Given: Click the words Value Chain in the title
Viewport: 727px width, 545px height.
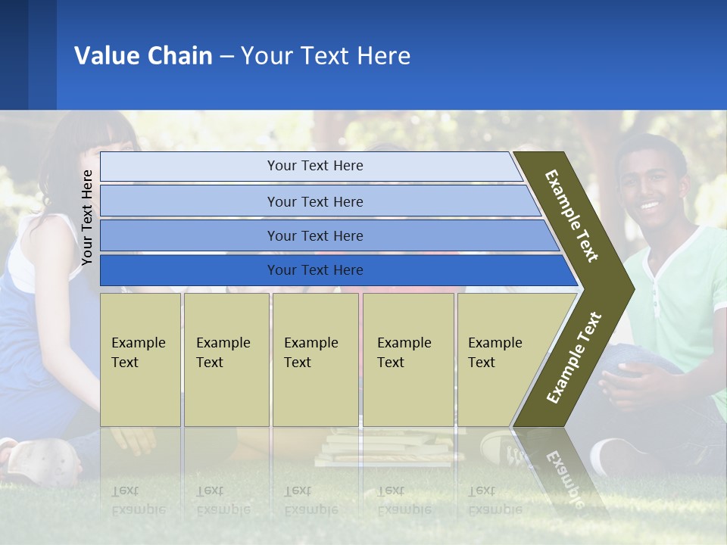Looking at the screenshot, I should (x=143, y=56).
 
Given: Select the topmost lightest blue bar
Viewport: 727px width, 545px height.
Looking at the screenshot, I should (x=314, y=167).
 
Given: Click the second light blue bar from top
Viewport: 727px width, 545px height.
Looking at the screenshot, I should (x=314, y=201).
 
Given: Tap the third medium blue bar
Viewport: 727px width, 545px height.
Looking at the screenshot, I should (x=314, y=236).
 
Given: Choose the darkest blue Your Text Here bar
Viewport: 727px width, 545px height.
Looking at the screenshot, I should (x=314, y=270).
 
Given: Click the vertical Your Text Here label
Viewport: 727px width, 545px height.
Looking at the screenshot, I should (x=87, y=217).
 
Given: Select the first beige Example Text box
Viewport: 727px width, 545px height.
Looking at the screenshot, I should (x=140, y=359).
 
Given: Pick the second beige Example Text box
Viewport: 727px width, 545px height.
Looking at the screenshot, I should (x=226, y=359).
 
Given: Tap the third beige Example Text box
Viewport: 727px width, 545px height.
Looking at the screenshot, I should (x=315, y=359).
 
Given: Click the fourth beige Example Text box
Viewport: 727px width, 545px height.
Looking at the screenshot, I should (x=407, y=359).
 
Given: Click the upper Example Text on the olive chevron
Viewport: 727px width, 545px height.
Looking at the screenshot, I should (x=572, y=216).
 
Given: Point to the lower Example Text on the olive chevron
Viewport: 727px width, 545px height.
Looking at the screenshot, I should (x=574, y=358).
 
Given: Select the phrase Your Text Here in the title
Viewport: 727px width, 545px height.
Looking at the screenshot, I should (x=326, y=56).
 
